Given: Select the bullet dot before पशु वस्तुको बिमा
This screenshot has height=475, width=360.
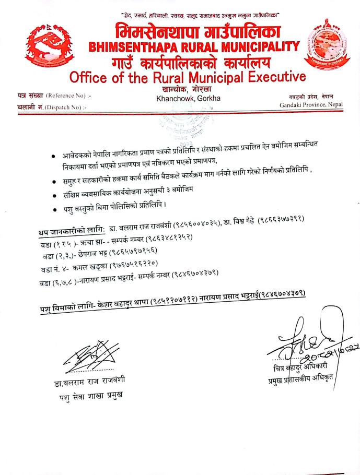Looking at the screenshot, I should click(x=56, y=210).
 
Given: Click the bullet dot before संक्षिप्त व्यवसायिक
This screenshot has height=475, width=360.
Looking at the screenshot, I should click(x=56, y=194).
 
